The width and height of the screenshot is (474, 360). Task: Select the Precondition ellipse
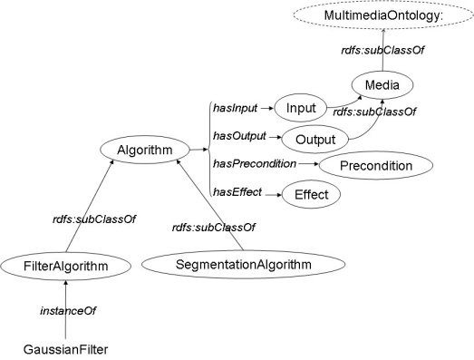[375, 166]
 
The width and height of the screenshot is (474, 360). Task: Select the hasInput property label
[233, 108]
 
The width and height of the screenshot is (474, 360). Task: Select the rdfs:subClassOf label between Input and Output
[374, 112]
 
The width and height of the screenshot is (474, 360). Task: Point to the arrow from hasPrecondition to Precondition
[308, 165]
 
